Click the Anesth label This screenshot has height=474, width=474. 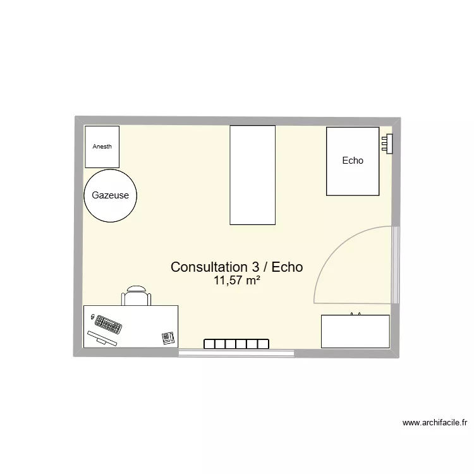[102, 147]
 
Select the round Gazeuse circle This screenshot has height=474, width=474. [110, 195]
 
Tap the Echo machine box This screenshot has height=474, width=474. [353, 161]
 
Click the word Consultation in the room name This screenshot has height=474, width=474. [207, 267]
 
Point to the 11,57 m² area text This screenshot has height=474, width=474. [237, 281]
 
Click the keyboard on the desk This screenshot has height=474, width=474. [108, 325]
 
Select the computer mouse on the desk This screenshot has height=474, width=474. [93, 317]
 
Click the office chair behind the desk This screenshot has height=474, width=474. [137, 296]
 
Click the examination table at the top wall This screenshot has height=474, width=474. [252, 175]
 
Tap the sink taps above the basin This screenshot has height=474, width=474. [356, 313]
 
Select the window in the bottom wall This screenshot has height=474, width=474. [236, 353]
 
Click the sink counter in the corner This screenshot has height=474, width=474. [355, 331]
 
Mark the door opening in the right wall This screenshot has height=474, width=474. [396, 264]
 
